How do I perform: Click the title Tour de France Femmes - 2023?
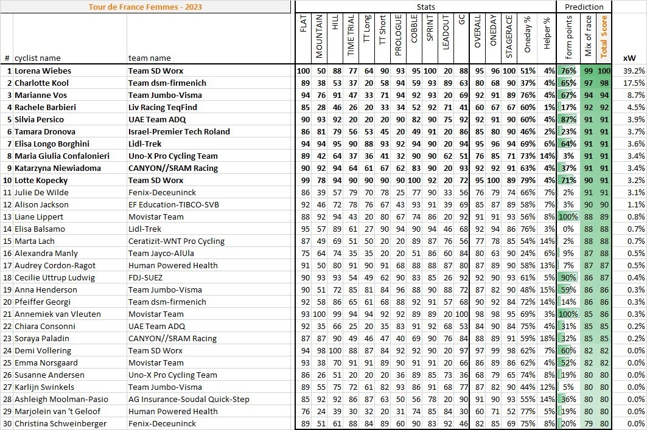[x=146, y=7]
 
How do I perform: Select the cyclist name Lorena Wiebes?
[x=43, y=71]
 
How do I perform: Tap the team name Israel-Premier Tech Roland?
[x=179, y=131]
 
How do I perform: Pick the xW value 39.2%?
[x=634, y=71]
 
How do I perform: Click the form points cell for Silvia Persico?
[x=568, y=119]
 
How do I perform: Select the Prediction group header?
[x=584, y=7]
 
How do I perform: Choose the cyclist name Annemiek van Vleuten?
[x=52, y=314]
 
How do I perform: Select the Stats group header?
[x=425, y=7]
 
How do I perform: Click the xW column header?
[x=631, y=58]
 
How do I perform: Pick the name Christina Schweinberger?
[x=61, y=423]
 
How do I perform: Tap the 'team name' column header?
[x=149, y=58]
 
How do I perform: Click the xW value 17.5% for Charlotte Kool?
[x=634, y=83]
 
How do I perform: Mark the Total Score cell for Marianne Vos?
[x=604, y=95]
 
